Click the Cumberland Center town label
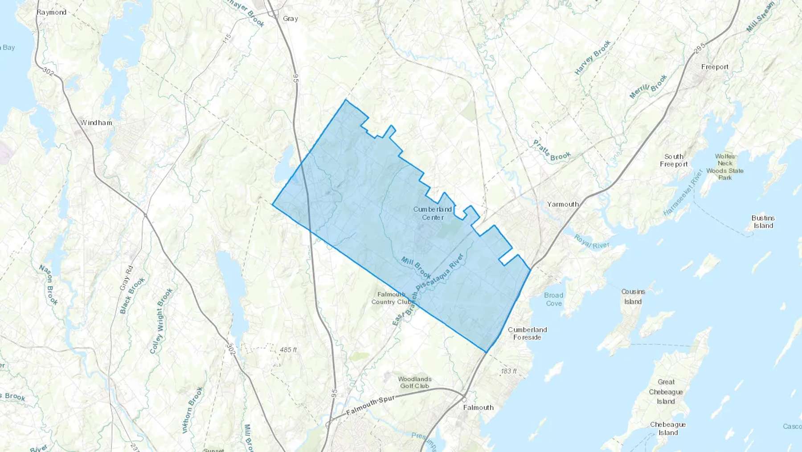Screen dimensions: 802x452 point(432,213)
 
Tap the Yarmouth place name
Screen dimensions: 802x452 point(563,204)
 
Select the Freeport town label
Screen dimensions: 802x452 point(715,67)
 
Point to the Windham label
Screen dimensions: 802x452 point(96,123)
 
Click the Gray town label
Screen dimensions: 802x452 point(290,19)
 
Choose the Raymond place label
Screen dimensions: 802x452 point(51,12)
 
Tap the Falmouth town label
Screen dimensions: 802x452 point(478,407)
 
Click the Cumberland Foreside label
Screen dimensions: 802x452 point(527,333)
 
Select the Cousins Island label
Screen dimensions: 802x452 point(633,296)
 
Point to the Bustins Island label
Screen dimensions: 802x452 point(763,222)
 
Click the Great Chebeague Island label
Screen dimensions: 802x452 point(666,391)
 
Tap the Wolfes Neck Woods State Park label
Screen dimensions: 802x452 point(724,167)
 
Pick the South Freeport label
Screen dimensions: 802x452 point(674,160)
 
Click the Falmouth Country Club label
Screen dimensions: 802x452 point(392,298)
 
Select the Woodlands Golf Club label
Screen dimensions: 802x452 point(414,382)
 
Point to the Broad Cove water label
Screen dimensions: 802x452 point(553,299)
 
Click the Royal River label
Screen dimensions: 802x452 point(591,241)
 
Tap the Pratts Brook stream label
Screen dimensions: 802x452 point(552,150)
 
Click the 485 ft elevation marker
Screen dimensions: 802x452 point(288,350)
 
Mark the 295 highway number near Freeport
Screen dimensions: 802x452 point(700,46)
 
